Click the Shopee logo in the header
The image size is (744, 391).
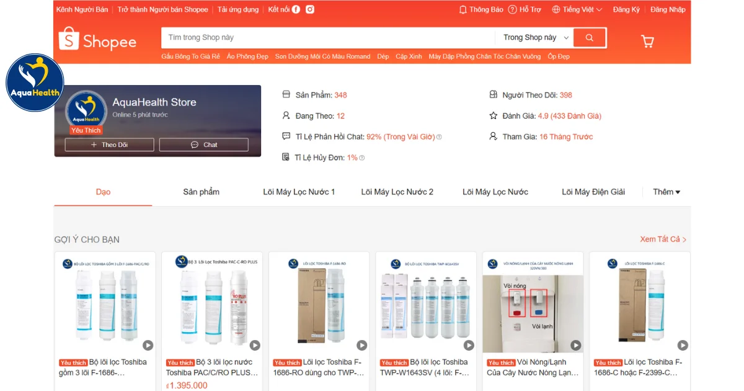point(97,41)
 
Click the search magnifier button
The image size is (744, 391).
point(589,38)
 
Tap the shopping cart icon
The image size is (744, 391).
point(647,42)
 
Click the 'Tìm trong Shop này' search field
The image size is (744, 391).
point(329,38)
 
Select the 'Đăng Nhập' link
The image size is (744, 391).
point(668,9)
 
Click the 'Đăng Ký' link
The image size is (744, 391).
point(626,9)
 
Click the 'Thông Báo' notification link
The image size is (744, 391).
point(481,9)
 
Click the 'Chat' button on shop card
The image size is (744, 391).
point(204,145)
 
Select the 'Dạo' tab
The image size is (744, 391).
point(103,192)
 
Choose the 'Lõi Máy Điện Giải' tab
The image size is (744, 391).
point(593,192)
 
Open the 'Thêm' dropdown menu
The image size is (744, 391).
point(666,192)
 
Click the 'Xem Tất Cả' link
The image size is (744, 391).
point(663,239)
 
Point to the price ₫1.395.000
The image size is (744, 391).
point(187,385)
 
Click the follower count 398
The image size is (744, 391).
point(565,95)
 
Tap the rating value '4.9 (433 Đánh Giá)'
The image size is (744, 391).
point(569,116)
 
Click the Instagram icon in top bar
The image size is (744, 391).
point(310,9)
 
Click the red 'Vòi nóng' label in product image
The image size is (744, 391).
point(515,286)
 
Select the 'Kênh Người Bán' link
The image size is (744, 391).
point(82,9)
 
